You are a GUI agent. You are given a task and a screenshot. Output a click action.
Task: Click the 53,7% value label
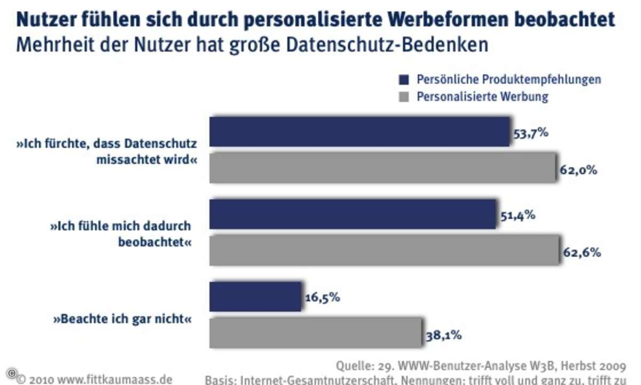click(x=530, y=133)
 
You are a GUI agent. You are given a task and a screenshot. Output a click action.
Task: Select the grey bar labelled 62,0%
click(x=382, y=168)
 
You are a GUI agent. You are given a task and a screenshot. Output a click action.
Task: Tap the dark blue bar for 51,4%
click(x=353, y=214)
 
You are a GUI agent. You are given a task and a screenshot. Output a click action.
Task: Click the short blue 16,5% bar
click(x=255, y=296)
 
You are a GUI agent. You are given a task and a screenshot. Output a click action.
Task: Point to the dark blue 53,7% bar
click(x=359, y=132)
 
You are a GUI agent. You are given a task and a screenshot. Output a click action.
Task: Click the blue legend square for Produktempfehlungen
click(x=404, y=80)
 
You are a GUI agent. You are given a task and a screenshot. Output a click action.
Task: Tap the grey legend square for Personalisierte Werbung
click(x=404, y=97)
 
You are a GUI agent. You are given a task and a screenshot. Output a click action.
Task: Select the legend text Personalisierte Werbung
click(x=482, y=97)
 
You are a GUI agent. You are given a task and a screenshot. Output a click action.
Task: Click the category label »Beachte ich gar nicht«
click(x=122, y=320)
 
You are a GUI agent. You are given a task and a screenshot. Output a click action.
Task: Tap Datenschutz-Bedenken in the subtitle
click(x=389, y=44)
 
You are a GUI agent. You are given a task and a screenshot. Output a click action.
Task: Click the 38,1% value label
click(x=444, y=336)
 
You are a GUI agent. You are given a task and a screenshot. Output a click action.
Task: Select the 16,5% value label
click(x=322, y=297)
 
